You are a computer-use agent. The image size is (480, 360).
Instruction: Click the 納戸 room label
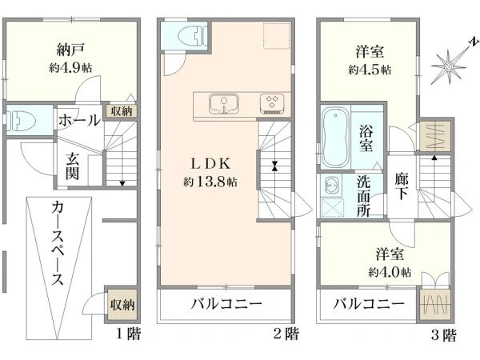point(70,50)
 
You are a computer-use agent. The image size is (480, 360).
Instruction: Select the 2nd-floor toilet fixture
point(193,36)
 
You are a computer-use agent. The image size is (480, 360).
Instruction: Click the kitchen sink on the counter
point(224,104)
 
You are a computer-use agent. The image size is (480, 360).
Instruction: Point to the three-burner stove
point(272,104)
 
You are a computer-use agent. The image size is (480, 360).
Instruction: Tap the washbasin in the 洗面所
point(331,186)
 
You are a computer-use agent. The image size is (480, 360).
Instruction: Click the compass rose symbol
point(449,66)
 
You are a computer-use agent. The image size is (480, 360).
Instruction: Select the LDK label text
point(210,164)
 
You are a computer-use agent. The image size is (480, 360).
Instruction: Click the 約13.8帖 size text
point(210,182)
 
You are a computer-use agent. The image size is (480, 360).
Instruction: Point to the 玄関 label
point(73,167)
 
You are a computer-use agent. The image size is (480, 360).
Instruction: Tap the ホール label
point(79,120)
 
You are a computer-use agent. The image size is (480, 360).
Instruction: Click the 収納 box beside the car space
point(122,305)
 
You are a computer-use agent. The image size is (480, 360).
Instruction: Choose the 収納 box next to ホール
point(122,111)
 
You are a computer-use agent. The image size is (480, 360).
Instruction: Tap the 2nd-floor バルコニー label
point(227,304)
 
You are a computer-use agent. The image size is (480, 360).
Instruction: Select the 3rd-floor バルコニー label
point(369,304)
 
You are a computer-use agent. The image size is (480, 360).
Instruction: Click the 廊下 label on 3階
point(402,186)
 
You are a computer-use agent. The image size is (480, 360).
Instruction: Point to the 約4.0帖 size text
point(390,272)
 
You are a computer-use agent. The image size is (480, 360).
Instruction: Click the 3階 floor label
point(443,334)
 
